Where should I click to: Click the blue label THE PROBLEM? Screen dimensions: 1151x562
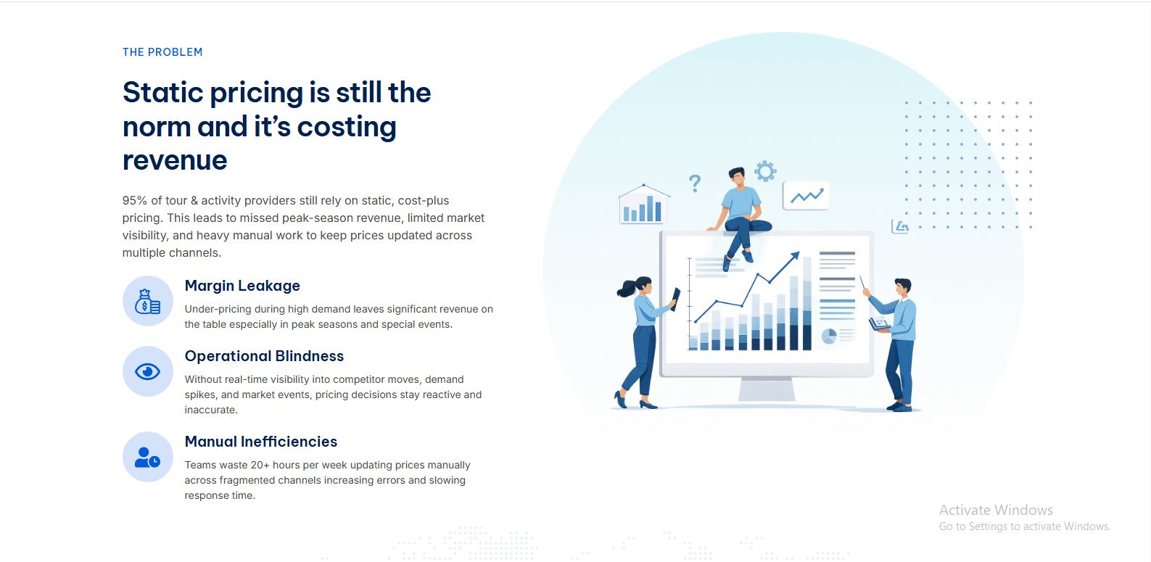tap(162, 52)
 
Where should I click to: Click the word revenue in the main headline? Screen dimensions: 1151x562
tap(175, 160)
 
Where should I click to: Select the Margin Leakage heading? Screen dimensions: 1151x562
tap(242, 286)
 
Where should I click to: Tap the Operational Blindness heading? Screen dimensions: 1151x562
tap(264, 356)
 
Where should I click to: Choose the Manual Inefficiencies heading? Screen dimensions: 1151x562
tap(260, 442)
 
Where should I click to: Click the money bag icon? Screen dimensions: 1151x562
tap(147, 301)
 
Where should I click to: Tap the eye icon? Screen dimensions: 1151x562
tap(147, 371)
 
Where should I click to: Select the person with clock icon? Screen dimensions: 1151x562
tap(147, 457)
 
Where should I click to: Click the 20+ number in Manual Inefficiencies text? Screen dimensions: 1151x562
tap(260, 465)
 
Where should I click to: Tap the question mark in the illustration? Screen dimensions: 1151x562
tap(695, 183)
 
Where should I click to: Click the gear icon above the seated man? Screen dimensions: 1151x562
tap(765, 171)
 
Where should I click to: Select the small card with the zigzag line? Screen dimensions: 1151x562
tap(806, 196)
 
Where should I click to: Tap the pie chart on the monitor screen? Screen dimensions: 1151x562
tap(829, 336)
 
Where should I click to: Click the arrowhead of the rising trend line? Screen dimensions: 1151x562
tap(796, 255)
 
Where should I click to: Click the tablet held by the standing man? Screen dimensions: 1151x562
tap(880, 323)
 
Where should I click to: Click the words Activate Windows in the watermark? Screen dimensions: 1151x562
tap(996, 510)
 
